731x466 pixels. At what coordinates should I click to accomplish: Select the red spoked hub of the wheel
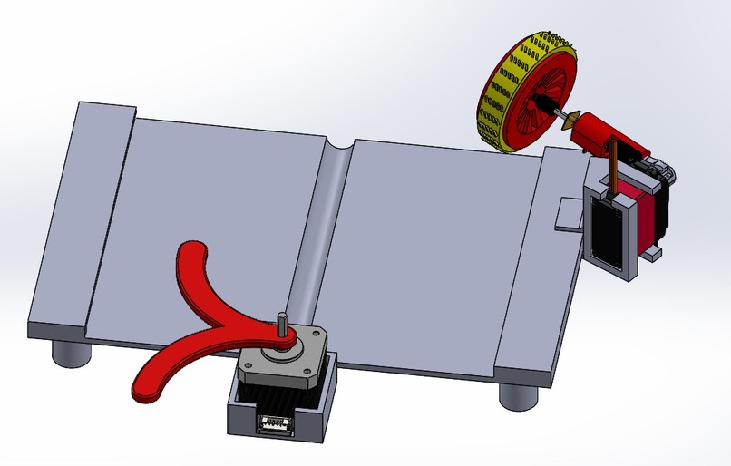click(x=535, y=104)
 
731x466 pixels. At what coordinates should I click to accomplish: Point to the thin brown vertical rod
click(x=617, y=168)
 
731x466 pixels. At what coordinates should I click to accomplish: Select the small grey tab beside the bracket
click(x=568, y=218)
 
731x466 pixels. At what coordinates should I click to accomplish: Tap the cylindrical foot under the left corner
click(x=70, y=352)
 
